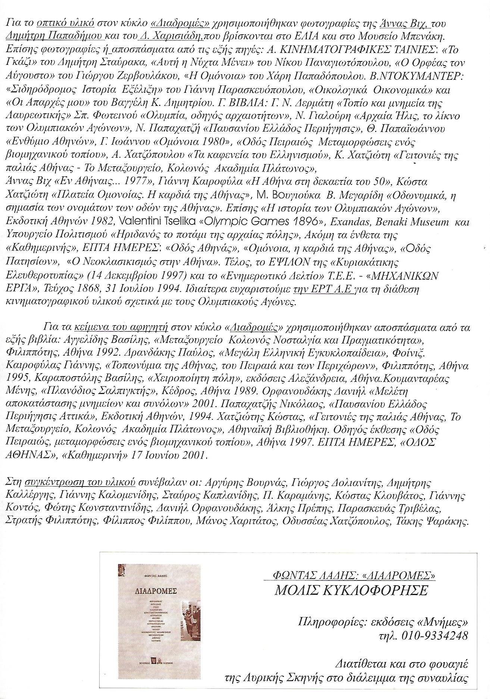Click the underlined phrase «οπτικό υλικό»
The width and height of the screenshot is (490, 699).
pyautogui.click(x=65, y=23)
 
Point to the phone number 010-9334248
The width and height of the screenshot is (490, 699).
pyautogui.click(x=433, y=635)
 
